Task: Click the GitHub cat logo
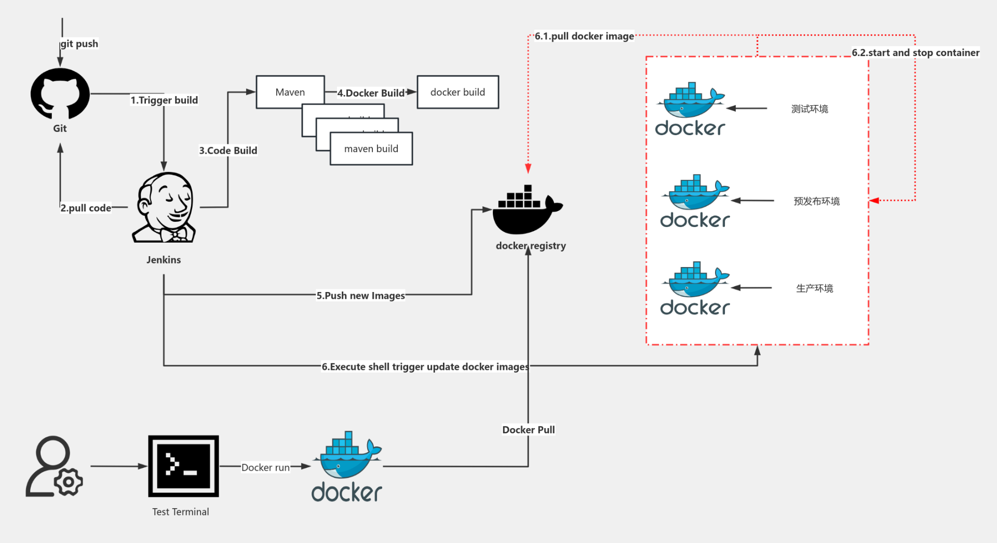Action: (x=60, y=94)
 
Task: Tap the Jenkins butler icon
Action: (x=164, y=208)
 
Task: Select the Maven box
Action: (x=290, y=92)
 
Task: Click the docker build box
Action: (x=457, y=92)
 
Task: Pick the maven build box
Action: (x=371, y=149)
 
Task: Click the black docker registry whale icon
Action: (x=527, y=210)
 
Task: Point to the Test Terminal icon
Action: (x=183, y=466)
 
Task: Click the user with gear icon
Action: (x=54, y=467)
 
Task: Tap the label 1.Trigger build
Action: (x=164, y=100)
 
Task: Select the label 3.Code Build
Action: (x=228, y=150)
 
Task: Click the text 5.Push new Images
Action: (x=360, y=295)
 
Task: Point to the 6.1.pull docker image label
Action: (x=584, y=36)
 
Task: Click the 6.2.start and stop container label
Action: (x=915, y=52)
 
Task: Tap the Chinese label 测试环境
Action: (x=810, y=109)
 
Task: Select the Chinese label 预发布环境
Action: (x=816, y=201)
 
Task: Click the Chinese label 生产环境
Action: (x=814, y=288)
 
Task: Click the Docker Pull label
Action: (x=528, y=430)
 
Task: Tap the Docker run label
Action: (x=265, y=467)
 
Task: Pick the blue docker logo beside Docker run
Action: (x=347, y=466)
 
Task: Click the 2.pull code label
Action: (x=86, y=208)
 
